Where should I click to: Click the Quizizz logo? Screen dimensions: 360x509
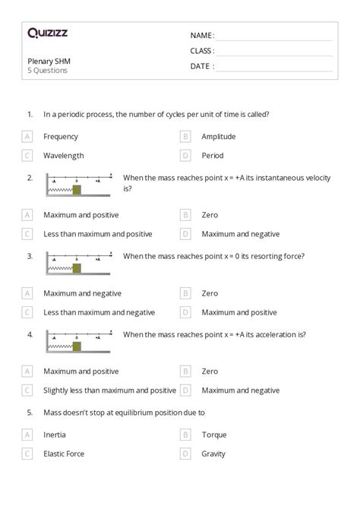click(x=47, y=33)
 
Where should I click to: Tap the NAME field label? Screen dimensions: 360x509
click(x=202, y=36)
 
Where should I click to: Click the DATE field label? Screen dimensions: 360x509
click(x=201, y=66)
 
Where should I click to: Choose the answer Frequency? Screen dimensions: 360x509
click(x=61, y=137)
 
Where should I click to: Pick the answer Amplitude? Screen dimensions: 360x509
click(x=218, y=137)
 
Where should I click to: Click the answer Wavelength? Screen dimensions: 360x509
click(x=62, y=156)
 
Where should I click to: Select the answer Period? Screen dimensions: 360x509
click(x=213, y=156)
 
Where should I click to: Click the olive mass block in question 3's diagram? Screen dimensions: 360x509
click(x=77, y=267)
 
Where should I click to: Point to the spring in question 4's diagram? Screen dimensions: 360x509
click(x=60, y=346)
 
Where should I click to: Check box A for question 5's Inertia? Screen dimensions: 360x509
click(x=27, y=435)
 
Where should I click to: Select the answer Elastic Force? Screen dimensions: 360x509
click(x=64, y=454)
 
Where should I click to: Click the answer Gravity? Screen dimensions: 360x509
click(x=214, y=454)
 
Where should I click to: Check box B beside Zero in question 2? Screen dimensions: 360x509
click(x=185, y=215)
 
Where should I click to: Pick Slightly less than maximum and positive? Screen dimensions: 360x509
click(x=109, y=390)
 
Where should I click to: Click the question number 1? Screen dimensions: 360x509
click(x=30, y=115)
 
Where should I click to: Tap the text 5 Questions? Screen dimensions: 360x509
click(x=48, y=71)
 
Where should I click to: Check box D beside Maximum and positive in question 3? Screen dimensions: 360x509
click(x=185, y=312)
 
